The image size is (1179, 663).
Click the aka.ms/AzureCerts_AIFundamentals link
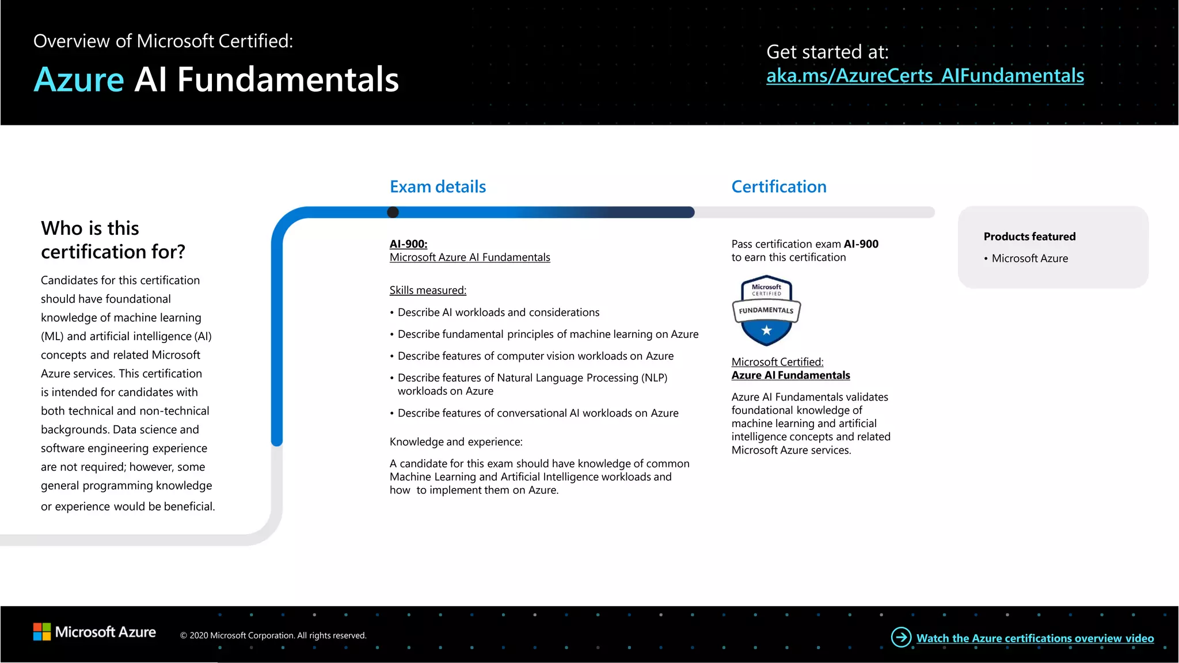pyautogui.click(x=925, y=76)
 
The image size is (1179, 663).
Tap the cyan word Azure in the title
pyautogui.click(x=79, y=79)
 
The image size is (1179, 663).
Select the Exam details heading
pyautogui.click(x=438, y=186)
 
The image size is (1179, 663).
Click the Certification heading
pyautogui.click(x=778, y=186)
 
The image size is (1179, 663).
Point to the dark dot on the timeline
pyautogui.click(x=393, y=212)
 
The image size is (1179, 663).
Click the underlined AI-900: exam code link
pyautogui.click(x=408, y=244)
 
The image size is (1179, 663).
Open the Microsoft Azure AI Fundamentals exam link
pyautogui.click(x=470, y=257)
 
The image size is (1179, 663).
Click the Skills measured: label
pyautogui.click(x=428, y=291)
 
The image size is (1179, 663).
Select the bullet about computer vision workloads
pyautogui.click(x=535, y=356)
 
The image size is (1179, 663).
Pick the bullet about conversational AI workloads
pyautogui.click(x=538, y=413)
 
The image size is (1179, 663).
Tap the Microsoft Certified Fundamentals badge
pyautogui.click(x=766, y=310)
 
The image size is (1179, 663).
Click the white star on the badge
pyautogui.click(x=766, y=330)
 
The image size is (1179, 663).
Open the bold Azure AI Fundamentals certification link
pyautogui.click(x=790, y=375)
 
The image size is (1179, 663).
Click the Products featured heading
pyautogui.click(x=1029, y=237)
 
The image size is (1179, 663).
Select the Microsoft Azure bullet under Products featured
pyautogui.click(x=1029, y=258)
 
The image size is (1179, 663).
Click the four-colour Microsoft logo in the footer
pyautogui.click(x=42, y=632)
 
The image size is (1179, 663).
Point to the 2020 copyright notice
pyautogui.click(x=273, y=635)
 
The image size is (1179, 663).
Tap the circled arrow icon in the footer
pyautogui.click(x=901, y=637)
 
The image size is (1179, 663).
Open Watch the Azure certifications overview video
pyautogui.click(x=1035, y=638)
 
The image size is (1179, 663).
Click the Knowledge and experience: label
pyautogui.click(x=456, y=442)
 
